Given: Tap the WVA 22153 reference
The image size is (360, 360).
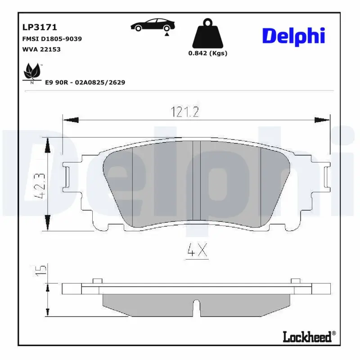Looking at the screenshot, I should (x=41, y=49).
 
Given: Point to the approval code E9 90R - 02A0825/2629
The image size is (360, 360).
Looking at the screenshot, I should (x=85, y=82).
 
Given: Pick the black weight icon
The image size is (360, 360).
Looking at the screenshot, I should (x=207, y=33).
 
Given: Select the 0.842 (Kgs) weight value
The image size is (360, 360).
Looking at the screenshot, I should (x=207, y=53).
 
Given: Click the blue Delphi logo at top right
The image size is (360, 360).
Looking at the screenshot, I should (x=293, y=35).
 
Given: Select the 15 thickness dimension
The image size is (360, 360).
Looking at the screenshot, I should (x=41, y=270).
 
